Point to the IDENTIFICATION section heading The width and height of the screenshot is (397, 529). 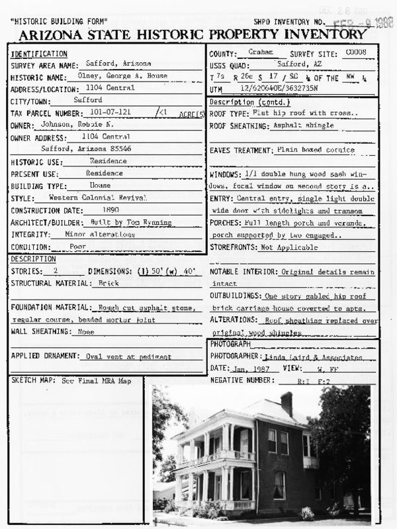39,54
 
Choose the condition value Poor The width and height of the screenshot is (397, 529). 78,246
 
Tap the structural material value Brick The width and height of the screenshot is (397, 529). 108,283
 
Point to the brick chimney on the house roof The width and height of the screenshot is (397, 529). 287,404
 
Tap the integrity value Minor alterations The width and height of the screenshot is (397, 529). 99,234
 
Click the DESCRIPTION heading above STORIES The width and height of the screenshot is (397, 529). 33,259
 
